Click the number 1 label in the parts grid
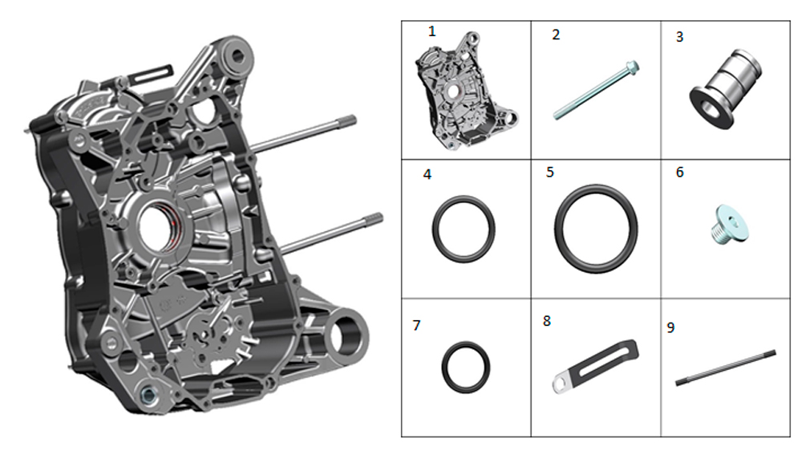[431, 31]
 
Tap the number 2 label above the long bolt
[556, 35]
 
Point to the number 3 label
[680, 37]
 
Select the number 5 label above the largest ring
[550, 172]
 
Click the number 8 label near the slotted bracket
[547, 321]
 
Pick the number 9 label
[671, 327]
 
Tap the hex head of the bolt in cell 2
[632, 67]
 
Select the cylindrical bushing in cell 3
[726, 89]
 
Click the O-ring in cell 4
[464, 229]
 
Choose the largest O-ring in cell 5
[596, 229]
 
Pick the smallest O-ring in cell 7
[465, 368]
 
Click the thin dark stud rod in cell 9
[726, 368]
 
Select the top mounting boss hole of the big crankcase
[238, 55]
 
